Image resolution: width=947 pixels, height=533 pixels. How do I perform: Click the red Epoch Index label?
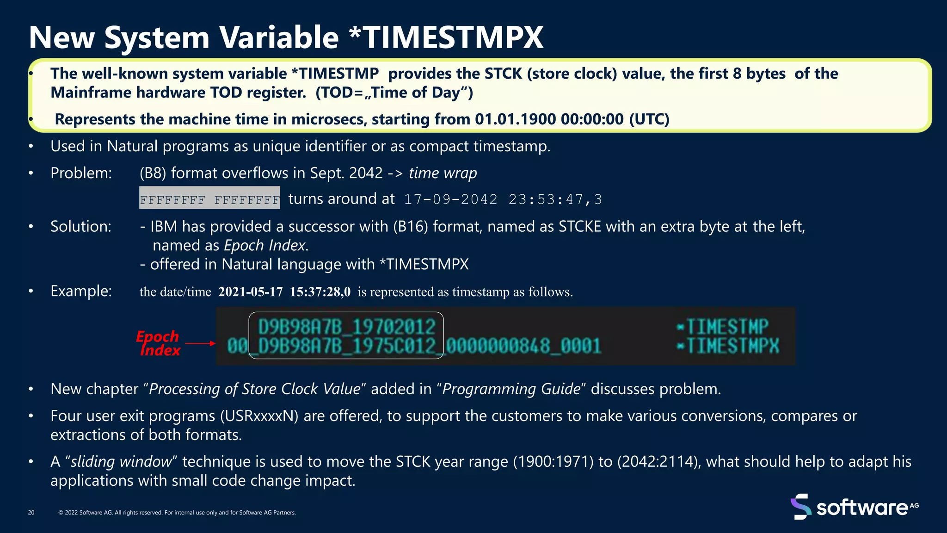(x=158, y=343)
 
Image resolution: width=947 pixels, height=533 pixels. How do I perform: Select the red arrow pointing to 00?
(x=200, y=343)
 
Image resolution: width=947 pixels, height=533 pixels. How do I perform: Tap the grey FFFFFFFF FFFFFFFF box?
(x=209, y=198)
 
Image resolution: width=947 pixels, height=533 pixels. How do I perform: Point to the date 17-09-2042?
(x=451, y=199)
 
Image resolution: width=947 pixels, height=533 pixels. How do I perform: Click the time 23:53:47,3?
(x=555, y=199)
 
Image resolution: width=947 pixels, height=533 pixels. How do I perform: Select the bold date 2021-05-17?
(x=250, y=292)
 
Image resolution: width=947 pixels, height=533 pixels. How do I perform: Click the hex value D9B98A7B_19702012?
(x=346, y=327)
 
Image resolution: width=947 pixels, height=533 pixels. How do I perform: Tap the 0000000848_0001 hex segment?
(x=523, y=346)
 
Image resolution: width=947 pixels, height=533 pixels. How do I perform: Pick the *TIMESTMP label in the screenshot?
(x=723, y=327)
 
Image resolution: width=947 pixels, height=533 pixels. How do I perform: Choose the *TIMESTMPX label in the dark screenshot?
(x=728, y=346)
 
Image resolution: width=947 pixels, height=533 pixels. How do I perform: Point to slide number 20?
(x=31, y=513)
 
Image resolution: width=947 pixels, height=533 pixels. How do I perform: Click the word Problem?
(x=81, y=173)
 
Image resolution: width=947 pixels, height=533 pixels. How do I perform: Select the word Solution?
(x=81, y=227)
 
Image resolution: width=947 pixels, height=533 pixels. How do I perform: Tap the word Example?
(x=81, y=291)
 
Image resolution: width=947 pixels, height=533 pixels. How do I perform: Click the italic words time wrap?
(x=443, y=173)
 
